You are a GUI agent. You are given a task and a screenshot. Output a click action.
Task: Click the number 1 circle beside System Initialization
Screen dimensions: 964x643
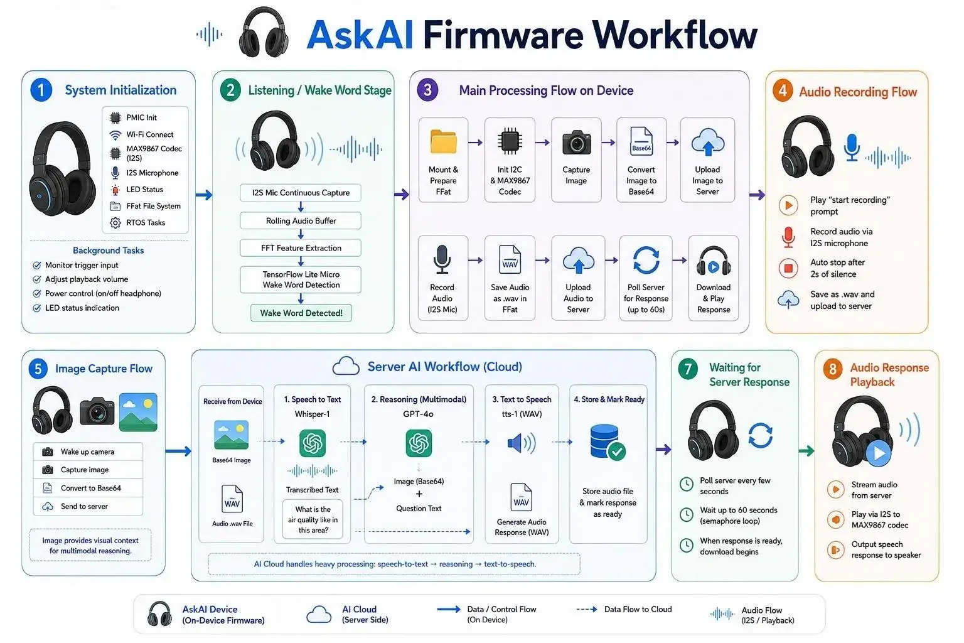click(x=41, y=90)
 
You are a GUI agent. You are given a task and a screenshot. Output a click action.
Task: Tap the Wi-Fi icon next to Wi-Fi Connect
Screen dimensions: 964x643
click(x=115, y=135)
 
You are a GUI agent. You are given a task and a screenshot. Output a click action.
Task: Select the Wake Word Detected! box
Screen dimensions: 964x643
click(x=301, y=313)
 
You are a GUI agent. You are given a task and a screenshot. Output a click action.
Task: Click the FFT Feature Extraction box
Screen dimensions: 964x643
click(x=301, y=248)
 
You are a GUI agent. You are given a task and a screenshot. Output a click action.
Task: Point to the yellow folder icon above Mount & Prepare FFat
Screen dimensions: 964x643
click(x=443, y=142)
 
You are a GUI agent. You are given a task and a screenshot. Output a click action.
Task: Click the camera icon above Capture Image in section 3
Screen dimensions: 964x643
click(x=576, y=142)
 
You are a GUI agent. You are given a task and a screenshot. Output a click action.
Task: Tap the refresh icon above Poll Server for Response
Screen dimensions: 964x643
click(x=646, y=260)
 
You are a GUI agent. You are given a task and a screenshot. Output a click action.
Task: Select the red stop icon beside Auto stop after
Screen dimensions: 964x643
click(x=788, y=268)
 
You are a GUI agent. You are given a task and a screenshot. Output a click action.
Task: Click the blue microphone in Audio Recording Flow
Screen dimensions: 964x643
click(x=852, y=148)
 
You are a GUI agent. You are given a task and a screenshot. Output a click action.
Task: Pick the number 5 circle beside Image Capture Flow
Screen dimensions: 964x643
click(x=38, y=369)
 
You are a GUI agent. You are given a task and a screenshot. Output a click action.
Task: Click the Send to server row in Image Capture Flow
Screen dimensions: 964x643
click(x=88, y=507)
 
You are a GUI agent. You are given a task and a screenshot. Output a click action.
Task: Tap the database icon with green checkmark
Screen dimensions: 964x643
click(x=608, y=442)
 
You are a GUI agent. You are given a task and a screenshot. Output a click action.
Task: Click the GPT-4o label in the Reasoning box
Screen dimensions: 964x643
click(x=419, y=414)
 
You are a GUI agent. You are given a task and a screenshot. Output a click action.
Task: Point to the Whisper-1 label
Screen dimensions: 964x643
click(x=312, y=414)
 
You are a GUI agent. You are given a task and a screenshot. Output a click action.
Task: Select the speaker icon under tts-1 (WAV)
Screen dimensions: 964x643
click(x=522, y=443)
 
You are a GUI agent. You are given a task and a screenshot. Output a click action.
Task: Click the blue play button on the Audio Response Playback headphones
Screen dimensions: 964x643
click(x=879, y=453)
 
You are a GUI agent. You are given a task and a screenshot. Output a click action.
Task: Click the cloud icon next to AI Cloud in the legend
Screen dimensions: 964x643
click(x=319, y=615)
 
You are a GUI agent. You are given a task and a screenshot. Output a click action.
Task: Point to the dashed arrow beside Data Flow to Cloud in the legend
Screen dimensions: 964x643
click(x=587, y=610)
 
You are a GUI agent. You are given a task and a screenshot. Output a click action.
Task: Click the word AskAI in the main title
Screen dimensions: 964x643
click(x=360, y=35)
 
